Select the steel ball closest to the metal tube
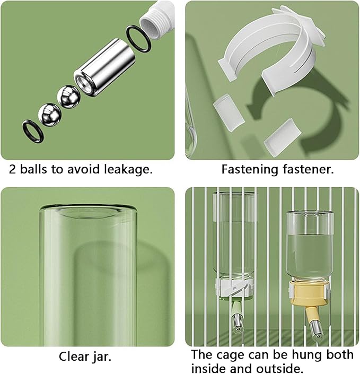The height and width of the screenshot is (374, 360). click(x=69, y=97)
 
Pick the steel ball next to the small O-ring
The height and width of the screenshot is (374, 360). click(x=50, y=115)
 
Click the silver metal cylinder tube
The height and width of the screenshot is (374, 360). click(x=104, y=67)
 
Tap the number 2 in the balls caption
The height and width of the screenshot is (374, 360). click(x=13, y=170)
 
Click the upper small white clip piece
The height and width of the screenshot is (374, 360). click(x=229, y=112)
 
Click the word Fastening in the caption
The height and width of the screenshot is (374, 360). click(x=250, y=170)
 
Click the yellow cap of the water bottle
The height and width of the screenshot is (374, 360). click(x=310, y=294)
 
